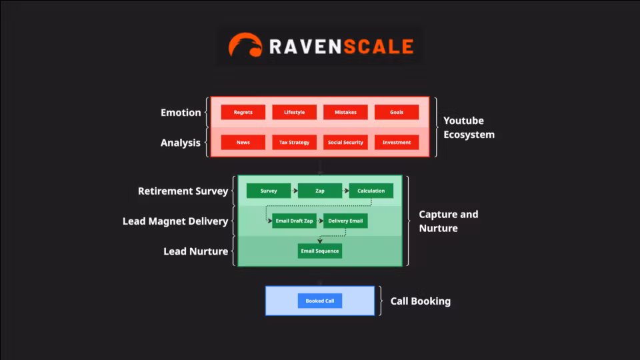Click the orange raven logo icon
(x=245, y=45)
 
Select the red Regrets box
(x=243, y=113)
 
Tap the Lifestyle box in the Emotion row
(x=294, y=113)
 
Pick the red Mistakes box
(x=345, y=113)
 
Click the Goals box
(x=397, y=113)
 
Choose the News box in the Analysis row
(x=243, y=143)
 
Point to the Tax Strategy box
(x=294, y=143)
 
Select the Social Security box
(x=345, y=143)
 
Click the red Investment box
(x=397, y=143)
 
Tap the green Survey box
(x=269, y=191)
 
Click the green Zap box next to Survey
(x=320, y=191)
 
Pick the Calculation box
(x=371, y=191)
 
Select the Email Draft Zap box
(x=294, y=221)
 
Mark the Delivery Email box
(x=345, y=221)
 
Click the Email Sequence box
(x=320, y=251)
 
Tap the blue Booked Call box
(x=320, y=301)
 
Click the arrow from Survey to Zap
(x=294, y=191)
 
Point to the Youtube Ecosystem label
(x=469, y=127)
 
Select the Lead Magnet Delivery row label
(x=175, y=221)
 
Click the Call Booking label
(x=420, y=301)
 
